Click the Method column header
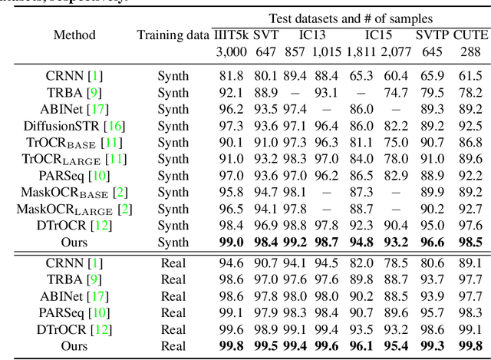tap(74, 35)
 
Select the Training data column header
tap(173, 35)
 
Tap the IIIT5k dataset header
tap(231, 35)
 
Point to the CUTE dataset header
tap(470, 35)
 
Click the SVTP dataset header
tap(433, 35)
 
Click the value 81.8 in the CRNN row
tap(231, 76)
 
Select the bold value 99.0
tap(231, 243)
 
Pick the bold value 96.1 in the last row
tap(358, 346)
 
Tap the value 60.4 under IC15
tap(395, 76)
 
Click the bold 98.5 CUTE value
tap(470, 243)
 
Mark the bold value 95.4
tap(395, 346)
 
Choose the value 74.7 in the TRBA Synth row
tap(395, 93)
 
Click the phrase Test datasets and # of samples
tap(350, 18)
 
